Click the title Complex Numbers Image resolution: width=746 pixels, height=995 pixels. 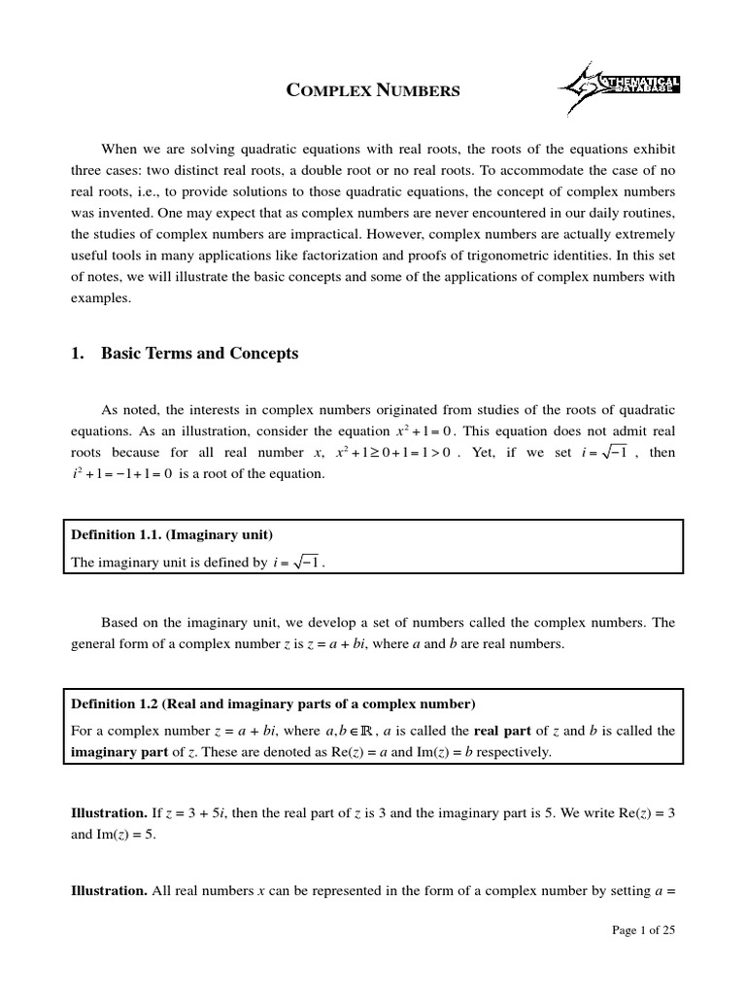(x=372, y=91)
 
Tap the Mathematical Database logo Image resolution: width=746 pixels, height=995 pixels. (x=619, y=88)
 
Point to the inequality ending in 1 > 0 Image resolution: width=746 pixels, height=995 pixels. (x=392, y=453)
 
